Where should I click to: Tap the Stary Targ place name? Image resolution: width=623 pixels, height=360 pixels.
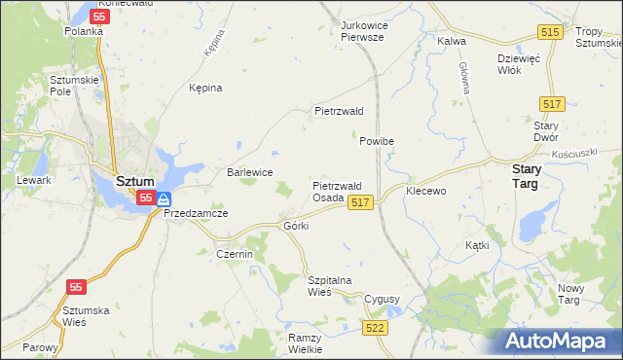point(533,175)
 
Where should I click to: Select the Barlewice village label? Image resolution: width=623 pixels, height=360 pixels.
point(249,172)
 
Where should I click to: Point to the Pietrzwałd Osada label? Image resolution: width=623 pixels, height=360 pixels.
point(337,191)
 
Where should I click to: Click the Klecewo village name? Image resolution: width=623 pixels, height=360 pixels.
point(425,191)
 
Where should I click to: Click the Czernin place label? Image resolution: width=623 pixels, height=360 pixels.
point(234,254)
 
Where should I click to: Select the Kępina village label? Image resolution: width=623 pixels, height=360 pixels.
point(205,88)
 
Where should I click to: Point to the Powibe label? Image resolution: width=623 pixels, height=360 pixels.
point(376,141)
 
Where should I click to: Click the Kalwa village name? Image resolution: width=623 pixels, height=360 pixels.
point(452,41)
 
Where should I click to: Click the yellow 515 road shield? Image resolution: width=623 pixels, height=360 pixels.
point(550,33)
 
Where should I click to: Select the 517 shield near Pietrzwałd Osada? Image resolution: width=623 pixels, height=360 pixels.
point(359,201)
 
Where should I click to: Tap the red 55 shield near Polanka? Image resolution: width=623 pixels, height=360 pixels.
point(98,17)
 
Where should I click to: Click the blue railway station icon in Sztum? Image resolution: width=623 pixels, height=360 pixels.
point(164,198)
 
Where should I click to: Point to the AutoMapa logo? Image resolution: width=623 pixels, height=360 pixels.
point(562,341)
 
